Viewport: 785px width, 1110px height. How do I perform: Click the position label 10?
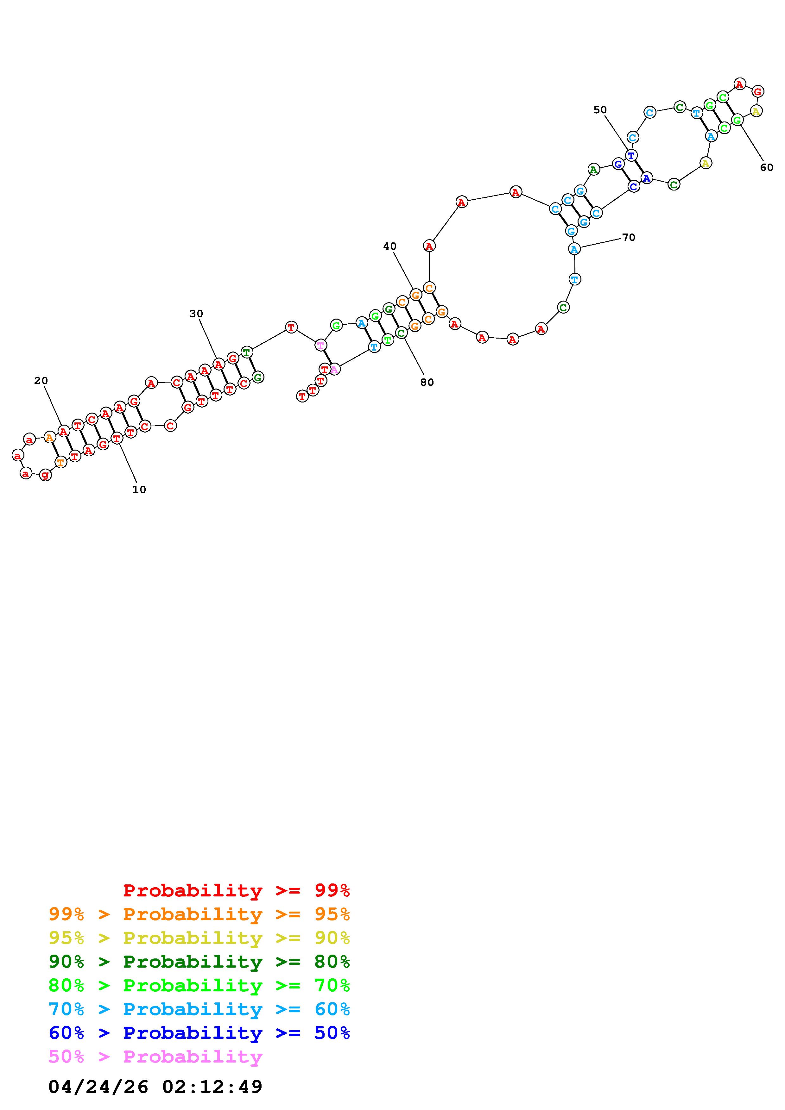pos(139,490)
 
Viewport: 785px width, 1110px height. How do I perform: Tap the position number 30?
pos(196,314)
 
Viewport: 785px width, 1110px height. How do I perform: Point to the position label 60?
pos(767,168)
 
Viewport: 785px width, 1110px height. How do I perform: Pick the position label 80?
pos(427,383)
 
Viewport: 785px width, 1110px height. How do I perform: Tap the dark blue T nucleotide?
pos(631,155)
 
